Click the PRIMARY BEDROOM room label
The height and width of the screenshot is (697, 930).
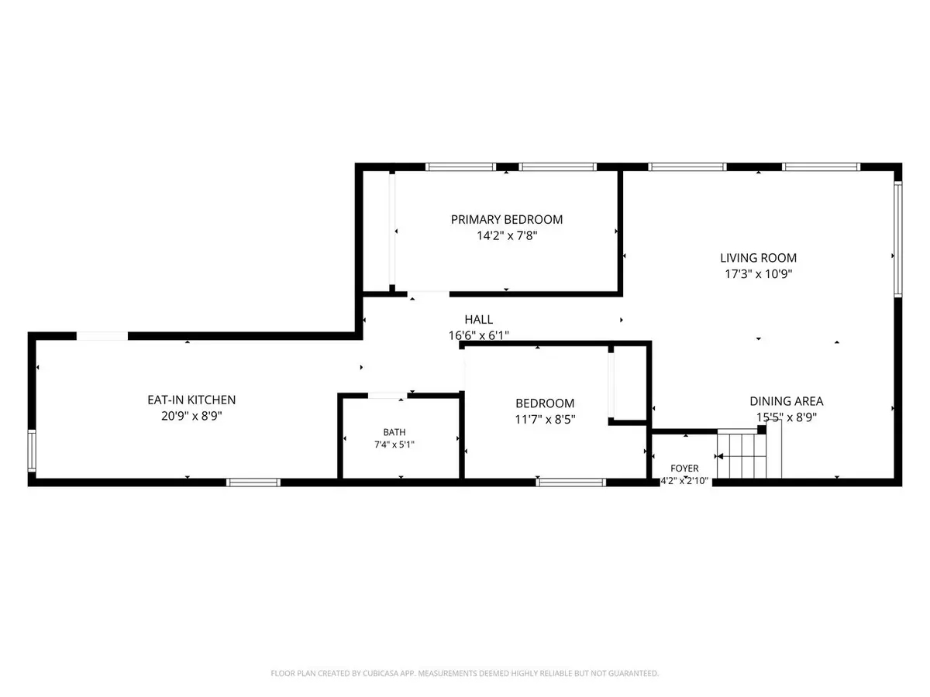coord(506,220)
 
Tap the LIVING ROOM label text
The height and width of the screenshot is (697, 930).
coord(758,258)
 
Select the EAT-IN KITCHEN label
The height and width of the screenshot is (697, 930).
coord(191,400)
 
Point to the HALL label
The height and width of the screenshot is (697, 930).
coord(479,320)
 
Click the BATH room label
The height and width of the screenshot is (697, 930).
coord(394,432)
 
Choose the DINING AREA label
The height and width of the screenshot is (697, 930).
coord(787,401)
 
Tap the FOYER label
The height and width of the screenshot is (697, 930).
coord(684,469)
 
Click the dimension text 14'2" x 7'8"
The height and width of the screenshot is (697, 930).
coord(507,235)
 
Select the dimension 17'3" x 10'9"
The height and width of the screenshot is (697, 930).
coord(759,274)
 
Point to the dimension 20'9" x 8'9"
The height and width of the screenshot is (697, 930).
coord(191,416)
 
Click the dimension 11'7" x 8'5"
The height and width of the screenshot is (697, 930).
coord(545,420)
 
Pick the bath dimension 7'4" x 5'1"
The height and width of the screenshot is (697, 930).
coord(394,445)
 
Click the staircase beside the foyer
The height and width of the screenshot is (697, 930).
coord(749,454)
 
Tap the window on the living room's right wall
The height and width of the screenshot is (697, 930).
coord(897,239)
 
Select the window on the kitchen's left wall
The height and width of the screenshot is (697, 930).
coord(32,451)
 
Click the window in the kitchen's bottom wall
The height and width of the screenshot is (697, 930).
coord(253,482)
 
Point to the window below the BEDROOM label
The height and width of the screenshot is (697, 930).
coord(570,482)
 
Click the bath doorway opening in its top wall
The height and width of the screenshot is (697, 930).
coord(387,396)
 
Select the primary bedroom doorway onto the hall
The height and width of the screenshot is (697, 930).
coord(429,294)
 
